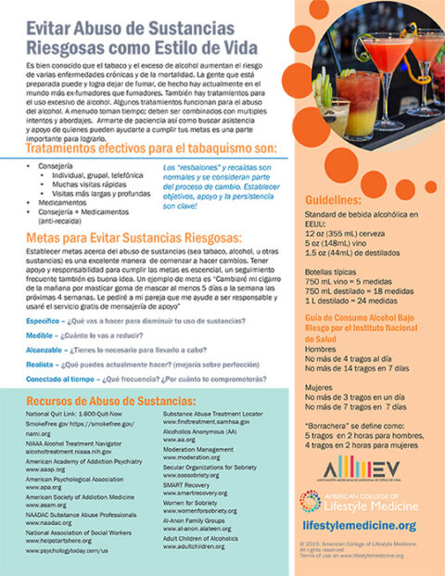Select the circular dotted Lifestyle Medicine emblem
pyautogui.click(x=311, y=502)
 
